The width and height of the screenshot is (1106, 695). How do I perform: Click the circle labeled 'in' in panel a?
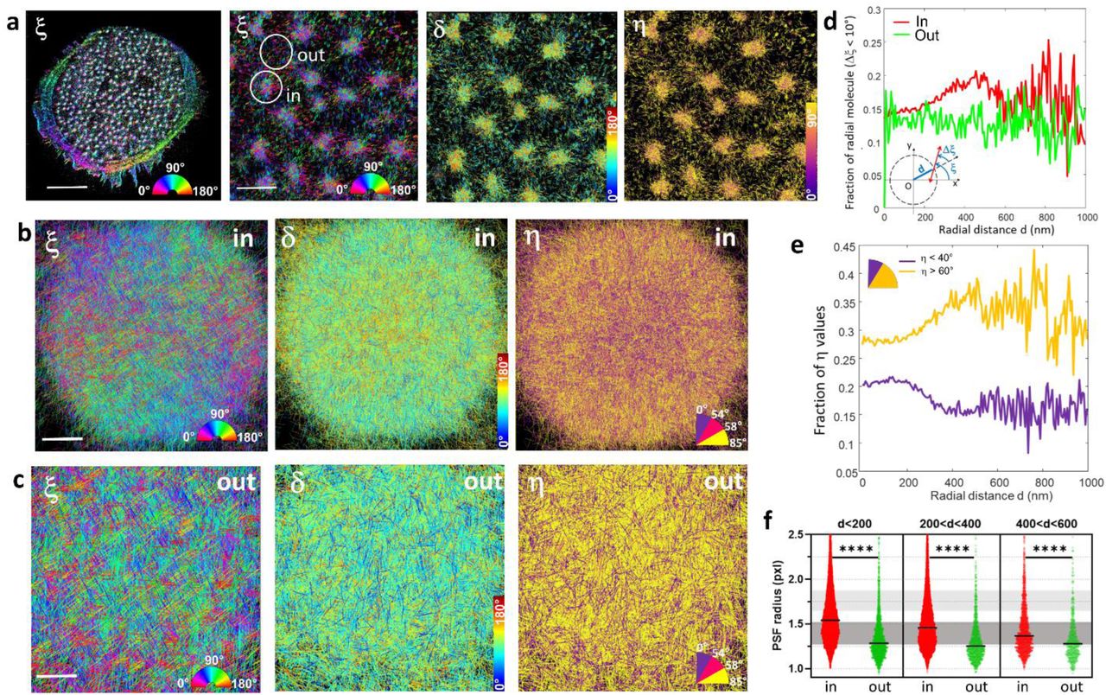[267, 87]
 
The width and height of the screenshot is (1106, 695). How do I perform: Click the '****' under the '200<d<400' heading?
[950, 548]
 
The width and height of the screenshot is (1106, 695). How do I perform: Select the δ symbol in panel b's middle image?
[295, 239]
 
